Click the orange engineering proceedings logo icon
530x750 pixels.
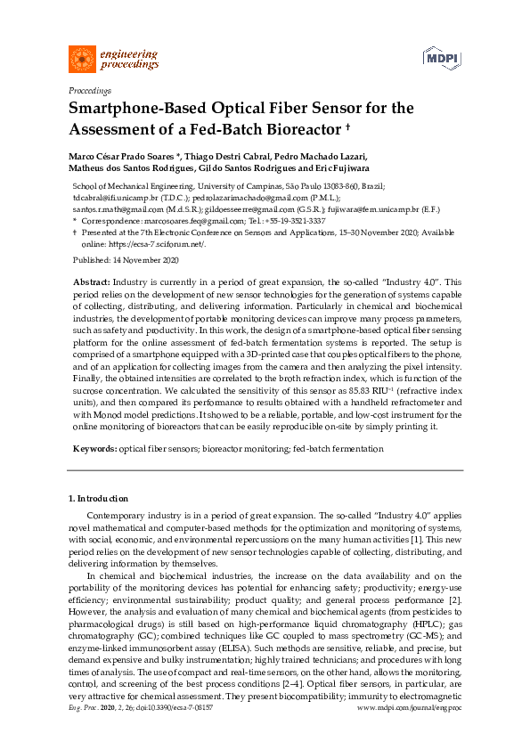tap(83, 60)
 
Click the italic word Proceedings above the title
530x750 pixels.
tap(89, 90)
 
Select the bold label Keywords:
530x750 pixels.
tap(94, 450)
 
